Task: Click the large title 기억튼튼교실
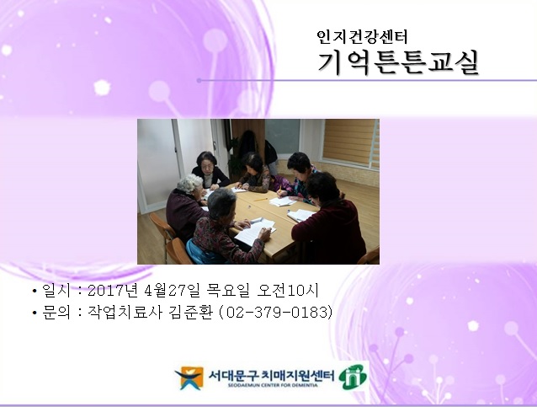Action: click(x=398, y=62)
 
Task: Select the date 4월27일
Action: click(x=178, y=292)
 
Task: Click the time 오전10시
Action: click(x=295, y=292)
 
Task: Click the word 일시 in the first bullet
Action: click(x=53, y=292)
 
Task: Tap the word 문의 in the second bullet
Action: click(x=53, y=313)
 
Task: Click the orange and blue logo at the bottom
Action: click(x=189, y=378)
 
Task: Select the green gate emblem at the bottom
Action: click(x=352, y=377)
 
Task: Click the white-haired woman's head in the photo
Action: click(x=221, y=201)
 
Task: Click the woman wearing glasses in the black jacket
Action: click(x=207, y=169)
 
